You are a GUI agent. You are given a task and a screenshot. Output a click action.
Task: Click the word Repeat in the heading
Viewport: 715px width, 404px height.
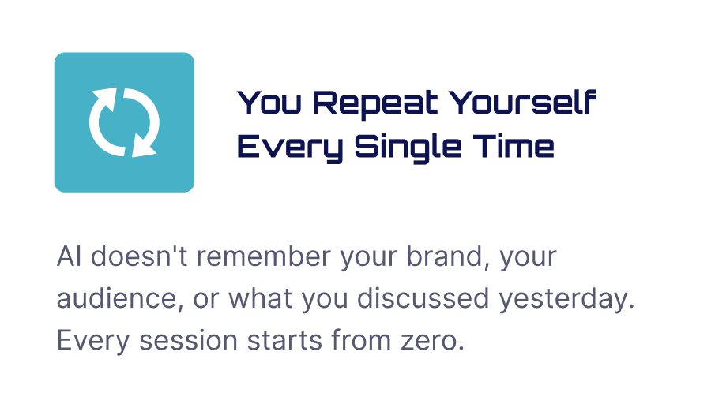click(375, 103)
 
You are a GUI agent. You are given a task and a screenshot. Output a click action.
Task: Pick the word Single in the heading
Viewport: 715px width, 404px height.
click(408, 148)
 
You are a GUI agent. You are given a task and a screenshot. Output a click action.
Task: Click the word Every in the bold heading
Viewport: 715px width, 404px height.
click(290, 148)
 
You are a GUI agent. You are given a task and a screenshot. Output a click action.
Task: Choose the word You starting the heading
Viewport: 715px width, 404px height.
click(269, 102)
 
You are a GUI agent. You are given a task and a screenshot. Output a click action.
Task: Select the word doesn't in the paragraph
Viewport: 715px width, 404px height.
click(139, 256)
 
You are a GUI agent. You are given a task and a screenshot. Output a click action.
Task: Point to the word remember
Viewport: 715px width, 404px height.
click(264, 256)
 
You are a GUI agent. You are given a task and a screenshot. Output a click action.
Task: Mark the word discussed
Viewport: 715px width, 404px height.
click(423, 298)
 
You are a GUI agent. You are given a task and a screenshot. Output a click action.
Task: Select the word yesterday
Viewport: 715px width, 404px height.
click(566, 299)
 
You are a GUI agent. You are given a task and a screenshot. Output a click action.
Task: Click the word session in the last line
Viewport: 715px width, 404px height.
click(188, 340)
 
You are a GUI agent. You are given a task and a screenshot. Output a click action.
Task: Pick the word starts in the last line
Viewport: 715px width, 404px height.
click(284, 341)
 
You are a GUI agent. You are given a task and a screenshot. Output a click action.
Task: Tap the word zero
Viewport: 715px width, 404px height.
click(433, 341)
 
